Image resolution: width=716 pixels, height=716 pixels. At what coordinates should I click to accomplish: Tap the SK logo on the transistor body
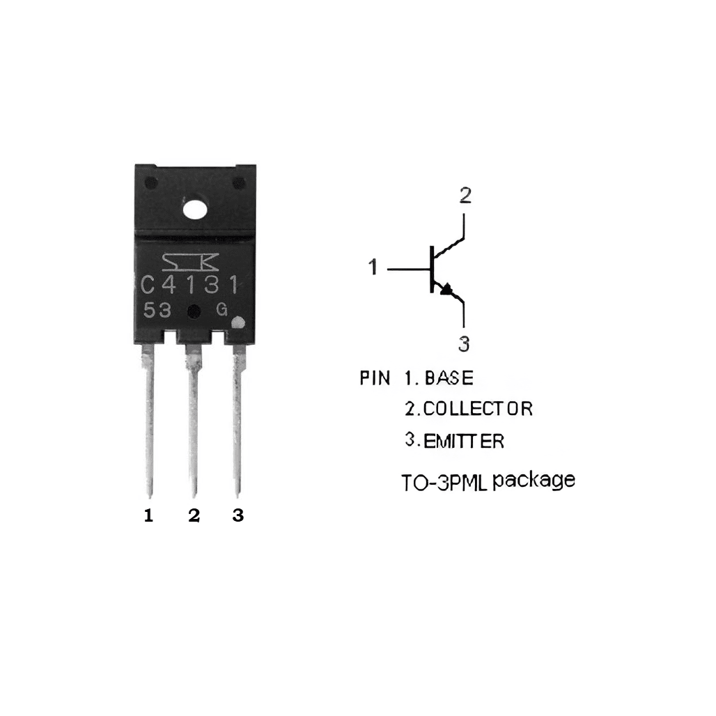190,261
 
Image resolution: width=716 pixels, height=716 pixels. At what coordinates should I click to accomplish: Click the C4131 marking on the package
190,285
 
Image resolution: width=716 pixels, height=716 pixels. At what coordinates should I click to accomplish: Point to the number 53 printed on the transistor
157,311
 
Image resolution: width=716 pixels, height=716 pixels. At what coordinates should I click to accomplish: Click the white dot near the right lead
238,323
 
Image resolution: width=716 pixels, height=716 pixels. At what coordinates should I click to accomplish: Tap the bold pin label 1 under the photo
148,516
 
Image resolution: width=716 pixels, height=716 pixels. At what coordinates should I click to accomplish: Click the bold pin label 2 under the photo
194,516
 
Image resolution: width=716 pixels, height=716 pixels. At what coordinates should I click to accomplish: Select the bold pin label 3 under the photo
238,516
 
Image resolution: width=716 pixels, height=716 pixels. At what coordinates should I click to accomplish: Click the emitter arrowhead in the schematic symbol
446,289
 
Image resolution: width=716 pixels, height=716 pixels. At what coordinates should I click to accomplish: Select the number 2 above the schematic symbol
465,194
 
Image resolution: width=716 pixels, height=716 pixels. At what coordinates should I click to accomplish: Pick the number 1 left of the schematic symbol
373,267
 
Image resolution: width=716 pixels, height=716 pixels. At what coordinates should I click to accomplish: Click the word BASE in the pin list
449,378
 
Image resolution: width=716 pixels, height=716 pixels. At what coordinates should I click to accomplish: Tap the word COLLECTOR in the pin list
478,409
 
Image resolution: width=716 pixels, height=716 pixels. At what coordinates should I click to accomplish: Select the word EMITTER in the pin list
464,442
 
